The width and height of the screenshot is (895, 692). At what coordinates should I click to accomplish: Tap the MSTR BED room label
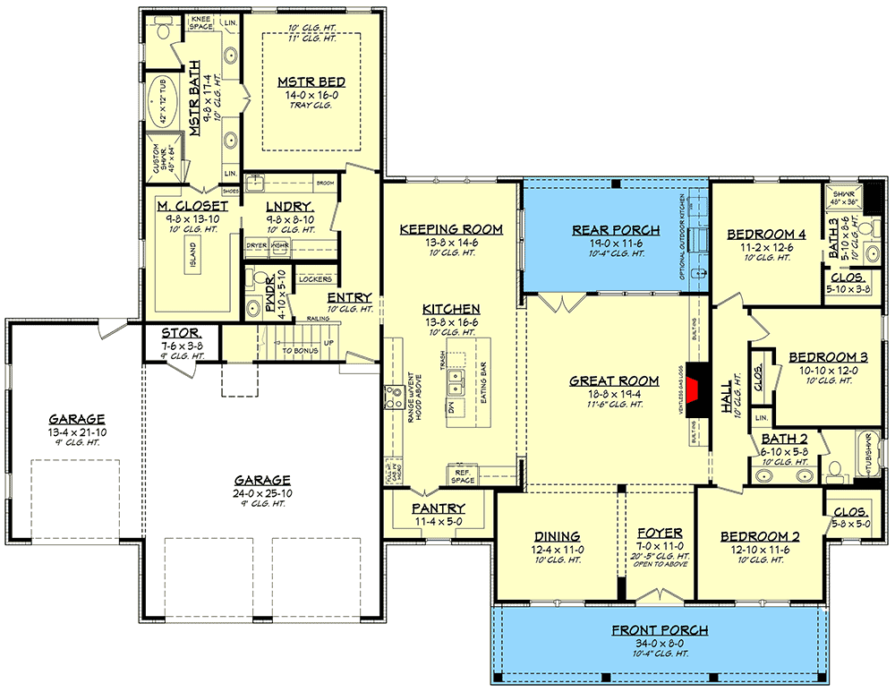[311, 82]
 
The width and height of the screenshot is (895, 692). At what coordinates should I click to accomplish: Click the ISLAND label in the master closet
[192, 259]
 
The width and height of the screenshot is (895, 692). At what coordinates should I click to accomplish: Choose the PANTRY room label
[439, 508]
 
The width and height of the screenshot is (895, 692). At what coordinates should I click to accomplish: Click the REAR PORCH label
[615, 230]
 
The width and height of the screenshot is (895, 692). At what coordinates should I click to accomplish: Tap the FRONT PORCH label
[661, 630]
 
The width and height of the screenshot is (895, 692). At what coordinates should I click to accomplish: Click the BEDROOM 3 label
[823, 357]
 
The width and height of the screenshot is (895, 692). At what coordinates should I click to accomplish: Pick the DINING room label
[557, 536]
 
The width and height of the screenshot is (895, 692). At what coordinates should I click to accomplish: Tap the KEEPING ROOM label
[451, 229]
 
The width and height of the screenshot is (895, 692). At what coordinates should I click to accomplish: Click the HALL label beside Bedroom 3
[727, 395]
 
